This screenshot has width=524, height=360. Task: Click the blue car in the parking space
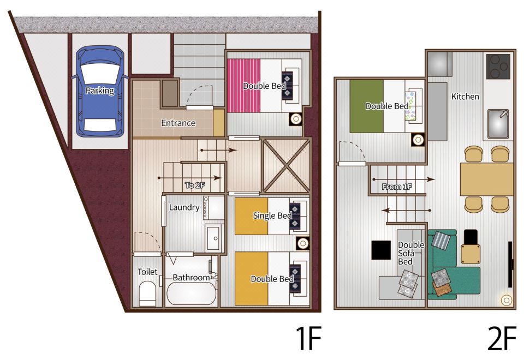100,91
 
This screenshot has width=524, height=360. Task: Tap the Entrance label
178,123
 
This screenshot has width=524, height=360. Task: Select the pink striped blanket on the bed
243,86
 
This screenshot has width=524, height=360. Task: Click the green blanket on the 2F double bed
367,106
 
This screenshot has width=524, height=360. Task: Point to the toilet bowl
147,292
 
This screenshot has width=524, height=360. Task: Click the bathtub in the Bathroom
191,293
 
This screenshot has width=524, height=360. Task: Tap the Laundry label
184,207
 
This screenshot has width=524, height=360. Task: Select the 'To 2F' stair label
195,185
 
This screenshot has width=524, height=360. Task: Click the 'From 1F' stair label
397,187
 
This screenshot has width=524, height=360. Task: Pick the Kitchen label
465,97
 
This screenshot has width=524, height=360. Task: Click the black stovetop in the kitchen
498,67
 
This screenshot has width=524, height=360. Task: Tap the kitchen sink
498,124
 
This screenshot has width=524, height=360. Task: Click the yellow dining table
486,179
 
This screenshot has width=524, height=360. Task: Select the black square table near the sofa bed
381,250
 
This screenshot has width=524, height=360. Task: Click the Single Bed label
272,216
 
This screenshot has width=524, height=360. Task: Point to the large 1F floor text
308,338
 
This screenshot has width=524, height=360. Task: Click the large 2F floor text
501,338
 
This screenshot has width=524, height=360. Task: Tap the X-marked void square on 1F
287,166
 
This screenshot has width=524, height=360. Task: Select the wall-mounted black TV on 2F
510,264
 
